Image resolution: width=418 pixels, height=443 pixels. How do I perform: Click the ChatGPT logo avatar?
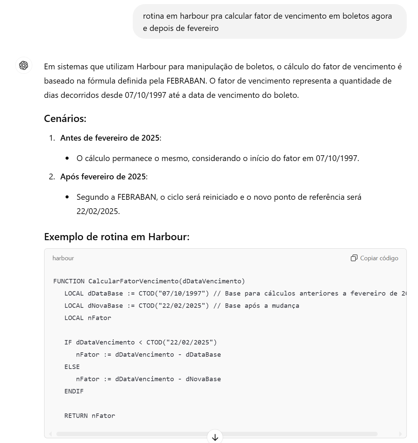pyautogui.click(x=24, y=65)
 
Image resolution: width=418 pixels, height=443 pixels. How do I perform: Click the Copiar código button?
pyautogui.click(x=375, y=258)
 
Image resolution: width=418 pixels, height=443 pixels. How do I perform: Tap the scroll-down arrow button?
pyautogui.click(x=215, y=437)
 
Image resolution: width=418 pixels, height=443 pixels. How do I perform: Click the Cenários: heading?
pyautogui.click(x=65, y=119)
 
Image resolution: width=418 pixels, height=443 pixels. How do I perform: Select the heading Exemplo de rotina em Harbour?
pyautogui.click(x=117, y=237)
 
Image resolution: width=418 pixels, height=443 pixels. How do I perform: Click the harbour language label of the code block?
pyautogui.click(x=63, y=258)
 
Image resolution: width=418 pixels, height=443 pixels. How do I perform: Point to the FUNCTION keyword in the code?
pyautogui.click(x=69, y=281)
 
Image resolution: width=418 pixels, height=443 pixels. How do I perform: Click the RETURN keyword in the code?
pyautogui.click(x=76, y=416)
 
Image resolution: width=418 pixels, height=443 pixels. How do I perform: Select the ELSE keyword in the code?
pyautogui.click(x=72, y=367)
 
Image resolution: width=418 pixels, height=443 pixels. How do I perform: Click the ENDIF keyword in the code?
pyautogui.click(x=74, y=391)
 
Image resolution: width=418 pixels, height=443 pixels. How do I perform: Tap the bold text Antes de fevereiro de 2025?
pyautogui.click(x=110, y=138)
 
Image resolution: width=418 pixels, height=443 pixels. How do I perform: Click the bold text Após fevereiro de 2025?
pyautogui.click(x=103, y=177)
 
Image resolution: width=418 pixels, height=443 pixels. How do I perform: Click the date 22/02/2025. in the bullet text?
pyautogui.click(x=98, y=211)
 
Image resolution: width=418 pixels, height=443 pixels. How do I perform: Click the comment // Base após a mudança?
pyautogui.click(x=256, y=306)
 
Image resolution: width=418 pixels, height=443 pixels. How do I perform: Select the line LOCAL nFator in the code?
pyautogui.click(x=88, y=318)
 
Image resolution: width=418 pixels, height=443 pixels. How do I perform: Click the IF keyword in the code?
pyautogui.click(x=68, y=342)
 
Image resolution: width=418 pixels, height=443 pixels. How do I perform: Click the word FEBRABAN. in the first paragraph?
pyautogui.click(x=187, y=81)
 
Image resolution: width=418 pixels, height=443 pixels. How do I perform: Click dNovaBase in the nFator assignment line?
pyautogui.click(x=203, y=379)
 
